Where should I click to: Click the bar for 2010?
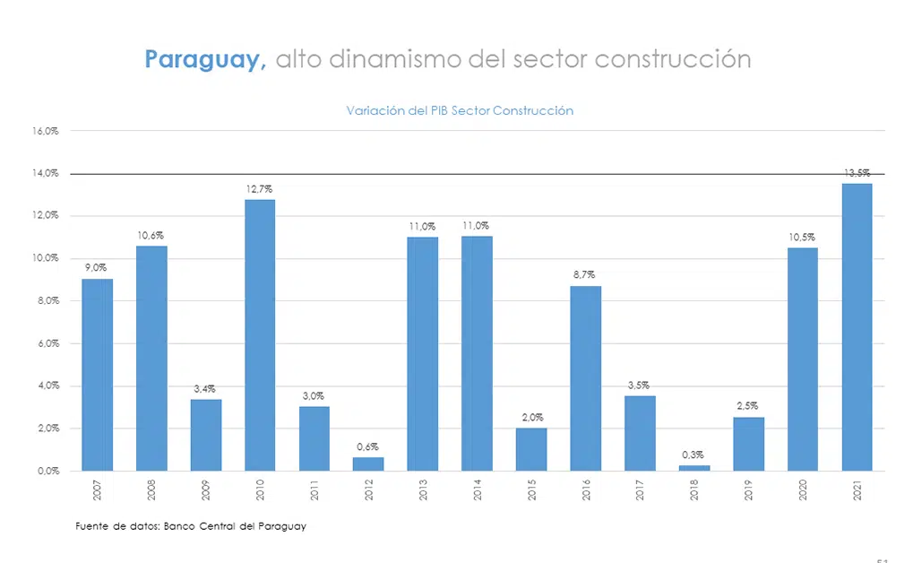pos(260,334)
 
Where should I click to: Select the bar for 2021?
pos(857,326)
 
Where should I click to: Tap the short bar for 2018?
pos(694,468)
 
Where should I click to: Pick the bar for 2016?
pos(586,377)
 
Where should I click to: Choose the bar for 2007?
pos(98,374)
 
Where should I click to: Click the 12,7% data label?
pos(260,189)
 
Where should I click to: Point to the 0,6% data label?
pos(368,446)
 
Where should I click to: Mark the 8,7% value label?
pos(585,275)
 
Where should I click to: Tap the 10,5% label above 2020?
pos(802,237)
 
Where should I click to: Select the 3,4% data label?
pos(205,388)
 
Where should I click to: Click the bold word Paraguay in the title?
pos(205,59)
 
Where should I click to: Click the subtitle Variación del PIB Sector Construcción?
pos(460,111)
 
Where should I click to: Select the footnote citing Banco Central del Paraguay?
pos(191,526)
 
